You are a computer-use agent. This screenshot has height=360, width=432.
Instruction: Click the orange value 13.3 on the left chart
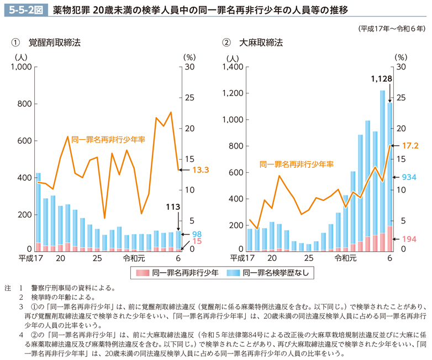(201, 170)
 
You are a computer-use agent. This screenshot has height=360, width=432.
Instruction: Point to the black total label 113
(173, 207)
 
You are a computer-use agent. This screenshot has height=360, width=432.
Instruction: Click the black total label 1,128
(382, 79)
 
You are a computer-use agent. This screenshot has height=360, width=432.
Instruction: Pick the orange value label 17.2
(409, 146)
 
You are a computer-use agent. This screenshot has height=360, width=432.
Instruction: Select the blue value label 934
(408, 177)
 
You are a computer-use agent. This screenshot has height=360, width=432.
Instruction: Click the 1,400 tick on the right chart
(233, 67)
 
